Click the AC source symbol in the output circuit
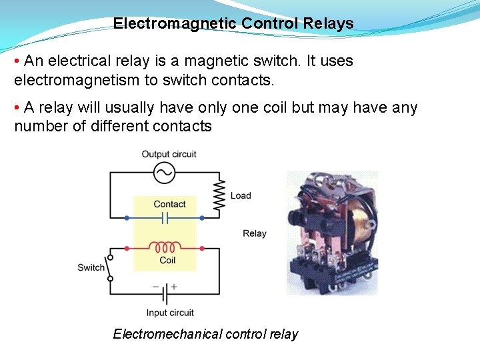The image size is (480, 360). [x=164, y=173]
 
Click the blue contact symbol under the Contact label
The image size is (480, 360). [x=165, y=218]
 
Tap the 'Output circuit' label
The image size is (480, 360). [x=169, y=154]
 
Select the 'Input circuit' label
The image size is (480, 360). [x=170, y=313]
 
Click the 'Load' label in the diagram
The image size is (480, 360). [x=241, y=195]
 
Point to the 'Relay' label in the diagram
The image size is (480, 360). [x=255, y=233]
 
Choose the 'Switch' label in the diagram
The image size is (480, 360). [x=91, y=267]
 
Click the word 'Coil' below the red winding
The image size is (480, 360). [x=167, y=260]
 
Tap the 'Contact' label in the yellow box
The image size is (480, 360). [x=169, y=204]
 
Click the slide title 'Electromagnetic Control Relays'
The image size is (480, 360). [x=233, y=23]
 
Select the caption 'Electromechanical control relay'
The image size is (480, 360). [x=205, y=334]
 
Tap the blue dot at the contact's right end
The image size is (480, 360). [x=202, y=218]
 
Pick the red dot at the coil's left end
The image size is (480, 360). [x=127, y=247]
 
